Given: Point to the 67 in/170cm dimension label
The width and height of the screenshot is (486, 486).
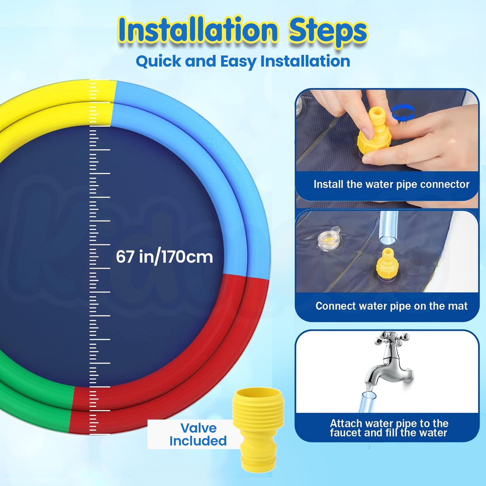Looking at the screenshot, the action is click(x=165, y=257).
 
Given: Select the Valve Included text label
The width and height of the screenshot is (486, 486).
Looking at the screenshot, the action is click(x=198, y=434).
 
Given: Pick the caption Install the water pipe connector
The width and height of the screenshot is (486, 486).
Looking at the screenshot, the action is click(x=391, y=184).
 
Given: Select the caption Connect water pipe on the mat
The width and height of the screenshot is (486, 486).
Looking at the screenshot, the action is click(x=391, y=306).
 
